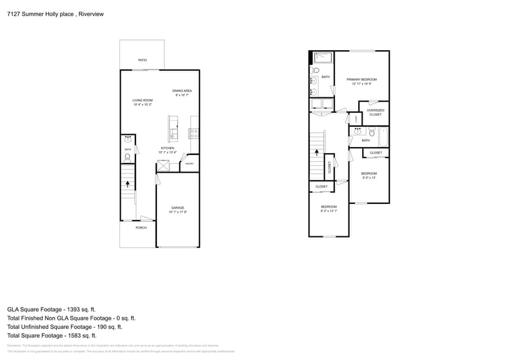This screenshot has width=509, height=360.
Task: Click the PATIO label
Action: (x=142, y=60)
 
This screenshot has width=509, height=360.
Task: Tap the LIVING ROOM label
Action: (x=143, y=100)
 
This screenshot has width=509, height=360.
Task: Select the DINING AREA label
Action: (x=182, y=91)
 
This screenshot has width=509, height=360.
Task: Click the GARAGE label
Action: (x=178, y=208)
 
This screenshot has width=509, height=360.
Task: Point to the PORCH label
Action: (x=141, y=228)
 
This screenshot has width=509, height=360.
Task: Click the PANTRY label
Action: (x=189, y=163)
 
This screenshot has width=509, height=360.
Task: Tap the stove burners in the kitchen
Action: (x=194, y=131)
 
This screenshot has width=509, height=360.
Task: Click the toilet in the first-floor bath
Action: (x=127, y=157)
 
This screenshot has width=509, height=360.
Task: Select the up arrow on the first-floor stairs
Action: (x=127, y=183)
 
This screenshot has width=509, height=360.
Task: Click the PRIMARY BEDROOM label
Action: (x=361, y=80)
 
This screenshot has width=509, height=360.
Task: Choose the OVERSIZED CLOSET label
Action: (x=375, y=112)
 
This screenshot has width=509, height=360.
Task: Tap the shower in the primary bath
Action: (x=323, y=58)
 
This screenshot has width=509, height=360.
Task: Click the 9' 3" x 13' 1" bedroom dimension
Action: (x=329, y=211)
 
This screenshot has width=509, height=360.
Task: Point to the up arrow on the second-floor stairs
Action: (x=315, y=144)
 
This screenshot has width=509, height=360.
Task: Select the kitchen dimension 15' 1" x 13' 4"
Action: (x=168, y=152)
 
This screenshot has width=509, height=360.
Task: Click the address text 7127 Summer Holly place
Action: (x=37, y=14)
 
